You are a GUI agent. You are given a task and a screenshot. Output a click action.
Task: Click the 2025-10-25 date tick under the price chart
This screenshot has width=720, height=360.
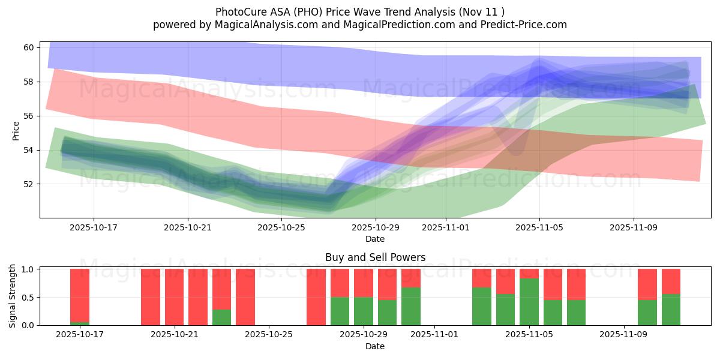pyautogui.click(x=281, y=227)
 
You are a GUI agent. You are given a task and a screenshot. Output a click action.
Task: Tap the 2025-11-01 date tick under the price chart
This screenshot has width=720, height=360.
pyautogui.click(x=446, y=227)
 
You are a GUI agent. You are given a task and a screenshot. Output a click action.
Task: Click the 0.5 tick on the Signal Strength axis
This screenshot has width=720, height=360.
pyautogui.click(x=28, y=298)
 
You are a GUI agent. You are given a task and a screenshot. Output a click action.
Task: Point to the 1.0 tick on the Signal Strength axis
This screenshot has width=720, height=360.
pyautogui.click(x=28, y=269)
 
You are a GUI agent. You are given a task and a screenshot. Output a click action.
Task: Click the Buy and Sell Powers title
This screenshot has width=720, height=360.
pyautogui.click(x=375, y=257)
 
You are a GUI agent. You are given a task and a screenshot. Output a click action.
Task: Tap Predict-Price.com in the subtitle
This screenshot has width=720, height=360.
pyautogui.click(x=527, y=25)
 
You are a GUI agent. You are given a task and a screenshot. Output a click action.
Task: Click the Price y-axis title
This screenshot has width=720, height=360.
pyautogui.click(x=16, y=130)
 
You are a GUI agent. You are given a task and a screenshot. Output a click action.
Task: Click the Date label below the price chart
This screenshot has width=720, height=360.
pyautogui.click(x=375, y=239)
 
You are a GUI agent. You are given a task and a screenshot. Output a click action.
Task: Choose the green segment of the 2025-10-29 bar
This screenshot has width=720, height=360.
pyautogui.click(x=364, y=311)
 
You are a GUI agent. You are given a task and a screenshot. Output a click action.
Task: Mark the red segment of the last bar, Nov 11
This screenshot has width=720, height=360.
pyautogui.click(x=671, y=281)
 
